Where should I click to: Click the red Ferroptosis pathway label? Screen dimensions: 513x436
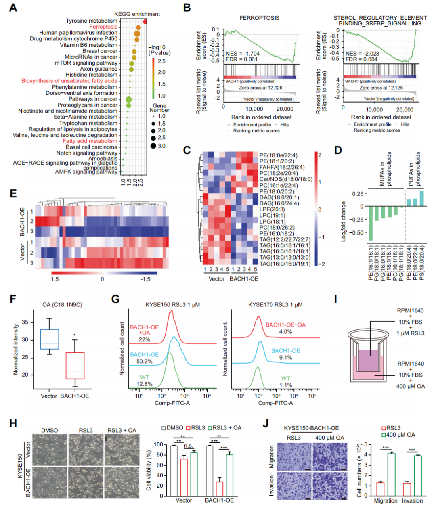[x=103, y=27]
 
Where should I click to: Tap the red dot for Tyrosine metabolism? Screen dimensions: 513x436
[x=145, y=21]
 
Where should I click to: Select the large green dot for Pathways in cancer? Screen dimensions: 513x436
[x=129, y=99]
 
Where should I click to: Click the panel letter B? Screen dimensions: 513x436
[x=187, y=8]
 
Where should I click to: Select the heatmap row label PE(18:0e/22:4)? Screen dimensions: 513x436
[x=278, y=155]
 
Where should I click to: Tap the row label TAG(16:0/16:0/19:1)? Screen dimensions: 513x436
[x=285, y=264]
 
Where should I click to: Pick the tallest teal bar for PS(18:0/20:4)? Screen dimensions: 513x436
[x=422, y=198]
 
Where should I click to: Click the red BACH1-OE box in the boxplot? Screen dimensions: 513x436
[x=75, y=366]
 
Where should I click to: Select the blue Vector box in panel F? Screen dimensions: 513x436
[x=49, y=339]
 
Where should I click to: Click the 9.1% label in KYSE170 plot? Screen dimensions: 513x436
[x=285, y=357]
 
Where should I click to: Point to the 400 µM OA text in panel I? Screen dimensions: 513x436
[x=411, y=386]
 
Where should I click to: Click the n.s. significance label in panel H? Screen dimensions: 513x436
[x=189, y=446]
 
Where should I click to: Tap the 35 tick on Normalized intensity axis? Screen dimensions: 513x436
[x=25, y=322]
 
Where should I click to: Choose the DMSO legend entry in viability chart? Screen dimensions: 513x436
[x=173, y=427]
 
